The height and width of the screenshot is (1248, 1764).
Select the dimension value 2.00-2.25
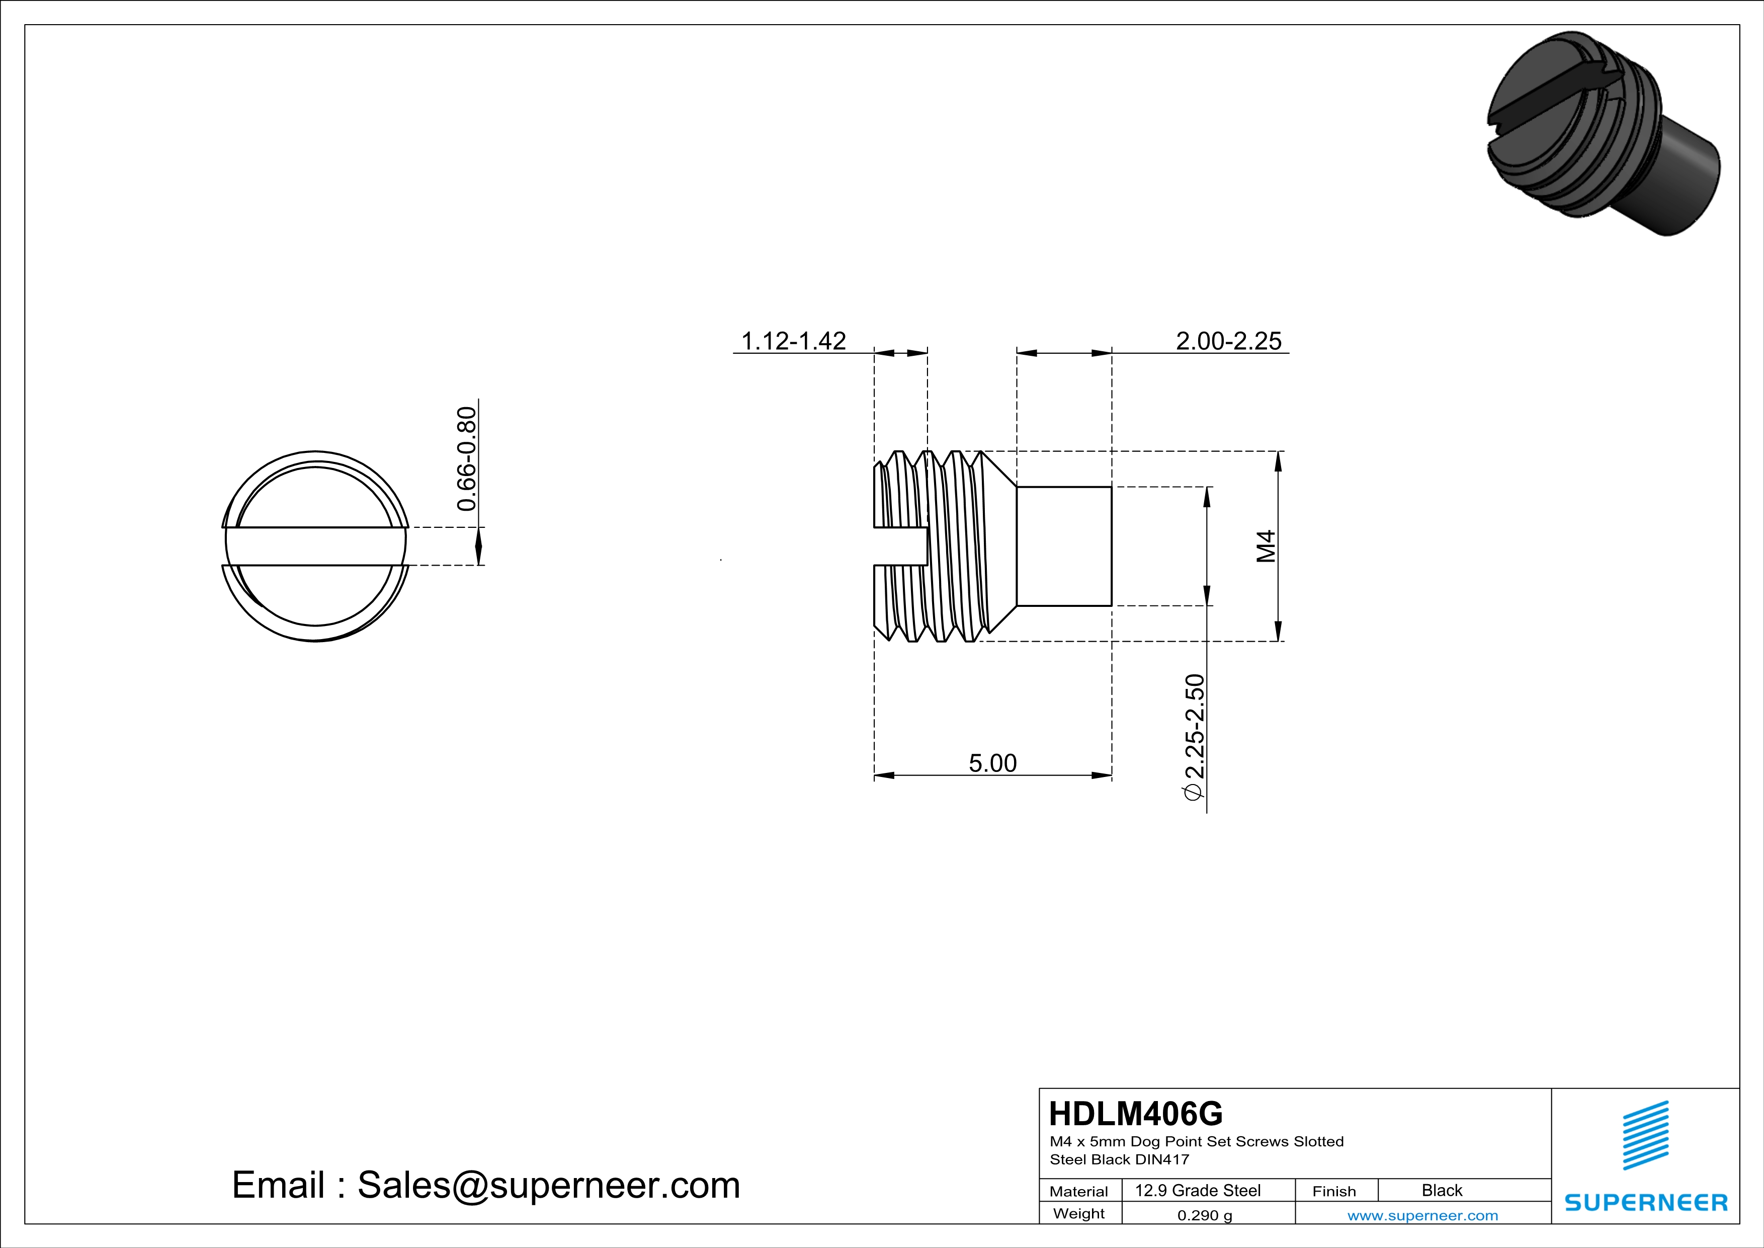(x=1228, y=341)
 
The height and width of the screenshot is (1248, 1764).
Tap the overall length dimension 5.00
(x=992, y=763)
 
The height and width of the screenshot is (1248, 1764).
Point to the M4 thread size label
(x=1266, y=547)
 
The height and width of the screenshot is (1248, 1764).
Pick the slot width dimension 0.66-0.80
(x=466, y=459)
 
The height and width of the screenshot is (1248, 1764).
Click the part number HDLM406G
(x=1136, y=1114)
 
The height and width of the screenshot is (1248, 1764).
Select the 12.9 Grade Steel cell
(x=1198, y=1190)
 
